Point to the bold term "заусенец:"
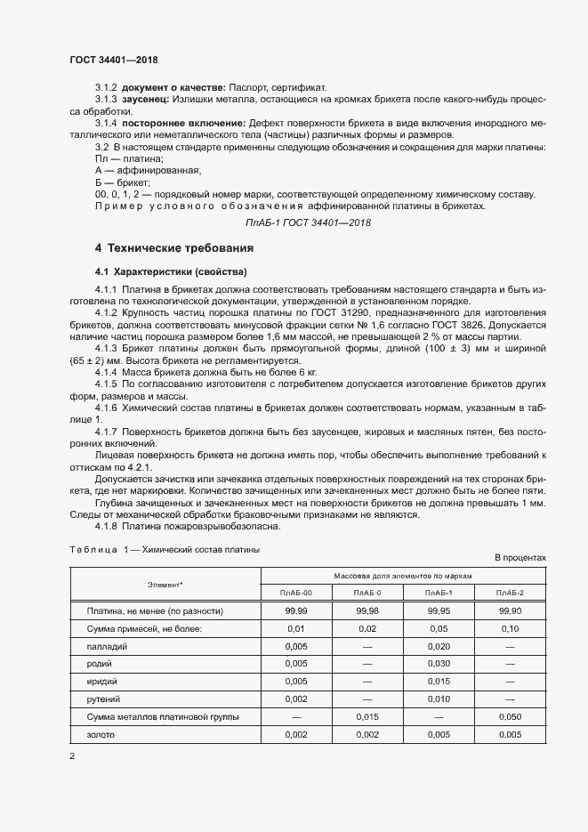(x=148, y=100)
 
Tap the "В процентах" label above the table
(x=520, y=557)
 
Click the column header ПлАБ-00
(x=296, y=593)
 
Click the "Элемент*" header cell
(x=165, y=584)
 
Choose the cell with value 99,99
(x=296, y=611)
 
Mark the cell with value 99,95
(x=439, y=611)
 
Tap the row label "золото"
(x=102, y=735)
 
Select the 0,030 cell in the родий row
(x=439, y=664)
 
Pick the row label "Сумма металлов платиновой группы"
(x=162, y=717)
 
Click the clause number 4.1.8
(x=106, y=526)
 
